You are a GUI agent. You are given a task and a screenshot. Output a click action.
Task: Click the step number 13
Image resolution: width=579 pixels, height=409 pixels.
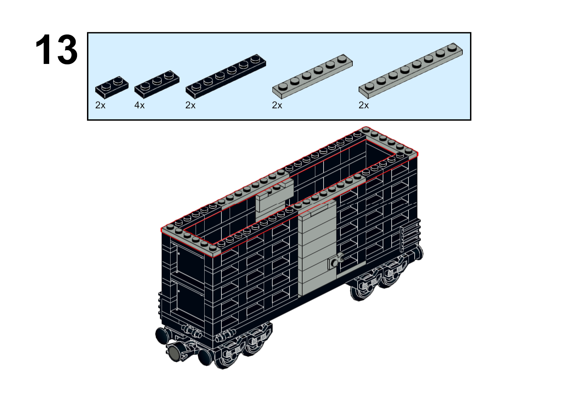click(x=56, y=49)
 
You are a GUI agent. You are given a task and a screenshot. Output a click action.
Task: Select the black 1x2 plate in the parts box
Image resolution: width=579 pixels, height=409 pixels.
click(x=112, y=87)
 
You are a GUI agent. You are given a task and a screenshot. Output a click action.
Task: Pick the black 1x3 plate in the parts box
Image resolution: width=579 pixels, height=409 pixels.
click(x=157, y=84)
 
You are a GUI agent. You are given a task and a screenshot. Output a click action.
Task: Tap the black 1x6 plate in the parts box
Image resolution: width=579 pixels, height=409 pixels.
click(x=226, y=77)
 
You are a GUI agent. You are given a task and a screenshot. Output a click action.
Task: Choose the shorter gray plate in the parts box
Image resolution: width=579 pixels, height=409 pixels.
click(x=312, y=77)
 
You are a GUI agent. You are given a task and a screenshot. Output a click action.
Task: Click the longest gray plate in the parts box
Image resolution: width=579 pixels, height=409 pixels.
click(x=411, y=70)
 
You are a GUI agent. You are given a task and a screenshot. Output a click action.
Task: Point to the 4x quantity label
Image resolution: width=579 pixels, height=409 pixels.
click(x=139, y=105)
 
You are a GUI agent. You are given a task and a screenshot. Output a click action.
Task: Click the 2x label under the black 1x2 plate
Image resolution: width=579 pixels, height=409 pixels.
click(x=100, y=105)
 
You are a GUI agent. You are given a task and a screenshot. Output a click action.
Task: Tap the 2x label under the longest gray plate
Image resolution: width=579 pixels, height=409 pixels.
click(x=364, y=105)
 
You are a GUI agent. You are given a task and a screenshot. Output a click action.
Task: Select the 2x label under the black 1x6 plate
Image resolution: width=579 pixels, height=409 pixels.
click(x=190, y=105)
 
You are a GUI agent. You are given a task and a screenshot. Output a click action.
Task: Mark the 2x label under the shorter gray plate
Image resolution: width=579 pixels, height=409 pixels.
click(x=277, y=105)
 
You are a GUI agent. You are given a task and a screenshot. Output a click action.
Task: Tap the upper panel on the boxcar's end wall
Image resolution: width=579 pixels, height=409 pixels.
click(x=191, y=261)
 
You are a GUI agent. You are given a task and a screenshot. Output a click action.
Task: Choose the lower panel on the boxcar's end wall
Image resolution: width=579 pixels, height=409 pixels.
click(x=191, y=300)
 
